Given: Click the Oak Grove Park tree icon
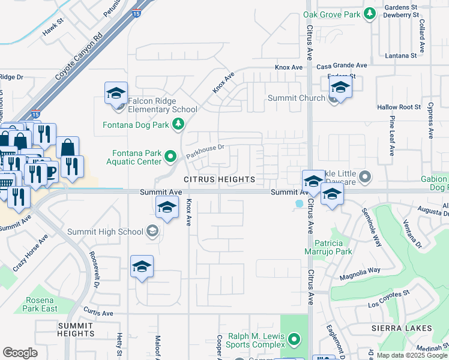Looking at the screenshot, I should coord(370,14).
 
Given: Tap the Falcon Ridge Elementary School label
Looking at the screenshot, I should coord(159,109).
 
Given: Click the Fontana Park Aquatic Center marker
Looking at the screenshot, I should coord(171,157).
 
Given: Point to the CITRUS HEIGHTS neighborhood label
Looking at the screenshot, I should coord(219,179).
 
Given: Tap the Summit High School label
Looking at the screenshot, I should coord(106,232).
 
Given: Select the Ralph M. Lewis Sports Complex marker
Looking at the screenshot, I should coord(294,340).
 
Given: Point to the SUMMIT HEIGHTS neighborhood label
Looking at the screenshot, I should coord(76,329).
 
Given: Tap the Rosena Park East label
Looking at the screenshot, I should coord(41,304).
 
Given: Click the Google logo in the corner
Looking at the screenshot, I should coord(20,353).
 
